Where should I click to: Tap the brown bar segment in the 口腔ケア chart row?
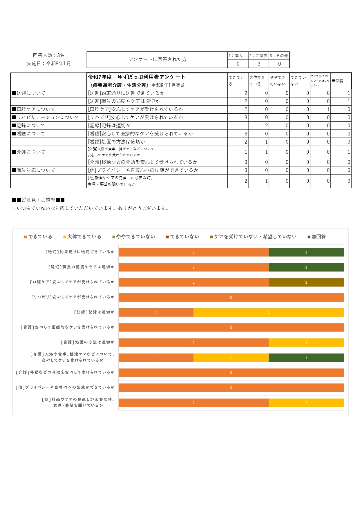coord(306,282)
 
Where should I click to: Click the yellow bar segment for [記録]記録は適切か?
coord(268,312)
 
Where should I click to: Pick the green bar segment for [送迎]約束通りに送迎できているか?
coord(306,252)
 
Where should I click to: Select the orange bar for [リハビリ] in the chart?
coord(231,297)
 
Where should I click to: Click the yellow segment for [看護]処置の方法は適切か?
coord(306,343)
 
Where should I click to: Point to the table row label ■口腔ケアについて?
coord(34,109)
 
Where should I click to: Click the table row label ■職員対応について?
coord(34,170)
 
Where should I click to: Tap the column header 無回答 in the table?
coord(338,81)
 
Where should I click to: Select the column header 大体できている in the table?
coord(258,81)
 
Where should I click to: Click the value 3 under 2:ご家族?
coord(259,64)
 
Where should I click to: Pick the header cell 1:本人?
coord(238,55)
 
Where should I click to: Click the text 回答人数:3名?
coord(49,55)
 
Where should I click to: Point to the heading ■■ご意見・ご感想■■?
coord(38,200)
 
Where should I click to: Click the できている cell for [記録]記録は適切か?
coord(238,126)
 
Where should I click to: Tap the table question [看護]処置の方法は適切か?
coord(117,142)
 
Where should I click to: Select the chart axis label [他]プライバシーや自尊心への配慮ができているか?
coord(65,387)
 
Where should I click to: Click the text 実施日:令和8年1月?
coord(49,64)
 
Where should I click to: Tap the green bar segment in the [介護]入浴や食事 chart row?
coord(306,358)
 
